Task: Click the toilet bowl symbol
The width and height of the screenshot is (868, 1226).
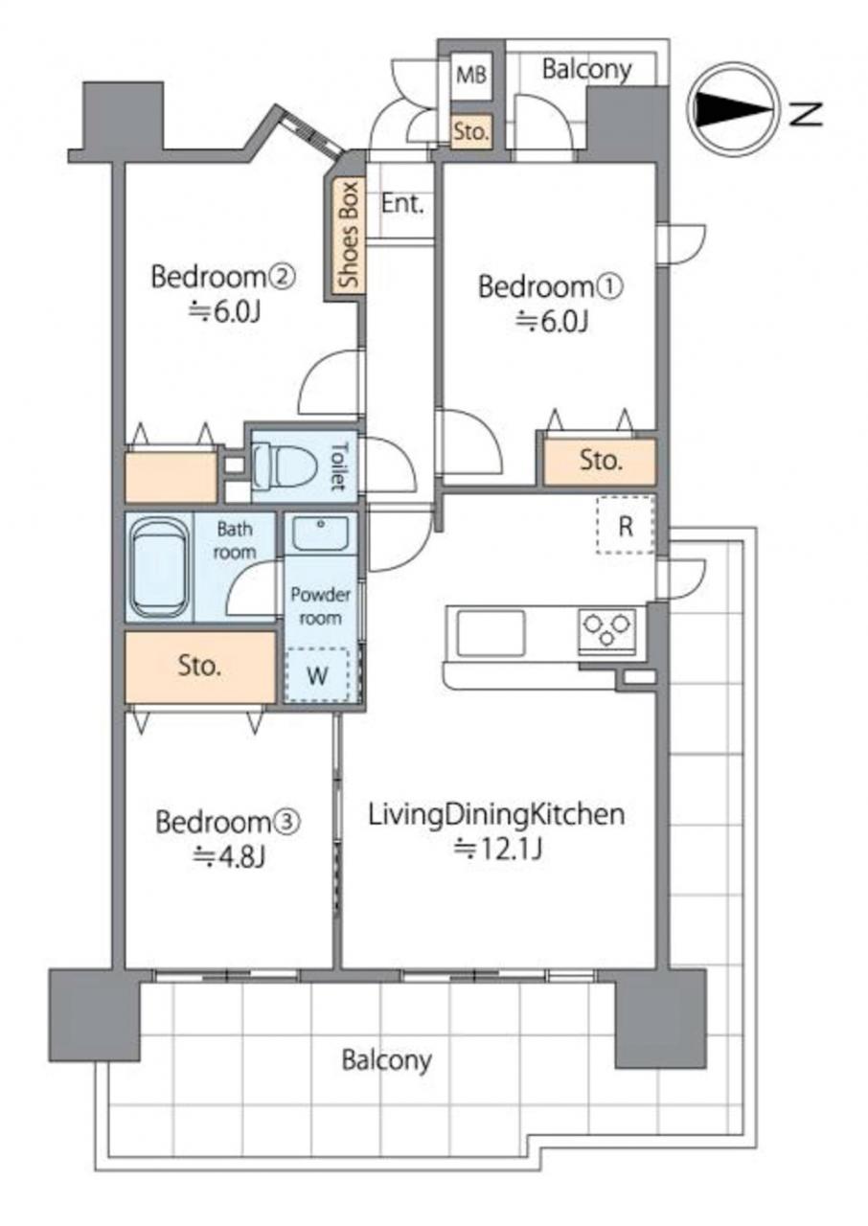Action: (286, 465)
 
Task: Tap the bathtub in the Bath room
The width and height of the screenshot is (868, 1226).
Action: (160, 568)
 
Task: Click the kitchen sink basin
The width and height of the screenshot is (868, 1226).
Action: (491, 633)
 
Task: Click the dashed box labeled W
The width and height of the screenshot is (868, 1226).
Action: (317, 675)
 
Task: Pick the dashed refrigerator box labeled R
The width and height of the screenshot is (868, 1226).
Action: (625, 526)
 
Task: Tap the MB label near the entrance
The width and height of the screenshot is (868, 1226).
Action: (471, 75)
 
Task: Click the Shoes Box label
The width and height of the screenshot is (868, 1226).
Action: (348, 235)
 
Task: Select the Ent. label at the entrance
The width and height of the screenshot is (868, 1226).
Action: (402, 204)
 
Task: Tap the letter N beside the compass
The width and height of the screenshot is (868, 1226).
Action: (806, 114)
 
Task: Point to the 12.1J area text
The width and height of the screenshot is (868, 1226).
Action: (498, 849)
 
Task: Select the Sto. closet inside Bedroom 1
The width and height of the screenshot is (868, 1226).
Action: (600, 462)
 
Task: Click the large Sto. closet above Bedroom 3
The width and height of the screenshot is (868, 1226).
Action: (200, 667)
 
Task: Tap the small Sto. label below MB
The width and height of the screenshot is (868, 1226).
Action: (471, 131)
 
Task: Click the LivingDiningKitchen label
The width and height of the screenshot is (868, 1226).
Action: (497, 815)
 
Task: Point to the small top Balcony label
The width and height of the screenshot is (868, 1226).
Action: (587, 70)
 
